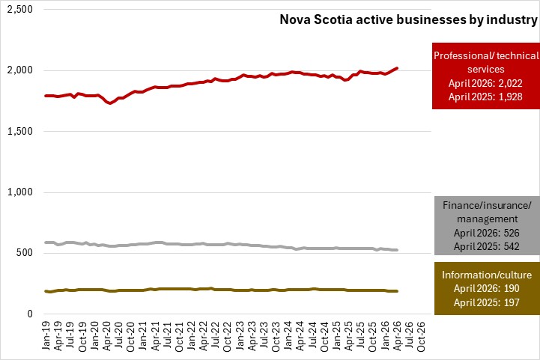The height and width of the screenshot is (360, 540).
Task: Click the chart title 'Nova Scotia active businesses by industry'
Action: click(x=408, y=19)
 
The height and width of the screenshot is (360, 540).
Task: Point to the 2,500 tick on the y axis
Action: click(x=20, y=9)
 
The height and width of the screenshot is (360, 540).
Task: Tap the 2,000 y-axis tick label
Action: click(x=20, y=70)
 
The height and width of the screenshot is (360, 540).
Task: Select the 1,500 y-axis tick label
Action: click(x=20, y=131)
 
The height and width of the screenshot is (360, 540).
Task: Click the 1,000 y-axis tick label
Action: click(x=20, y=192)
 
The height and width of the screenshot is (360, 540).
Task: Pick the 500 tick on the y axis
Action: click(x=24, y=253)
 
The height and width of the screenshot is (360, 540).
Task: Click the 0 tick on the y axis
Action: click(x=30, y=314)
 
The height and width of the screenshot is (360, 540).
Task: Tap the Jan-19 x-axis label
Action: click(x=46, y=335)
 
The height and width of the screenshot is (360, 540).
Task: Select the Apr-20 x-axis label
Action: click(x=106, y=336)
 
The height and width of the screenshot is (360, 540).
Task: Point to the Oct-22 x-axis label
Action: click(x=227, y=336)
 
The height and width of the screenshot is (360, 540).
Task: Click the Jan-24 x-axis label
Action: click(x=288, y=335)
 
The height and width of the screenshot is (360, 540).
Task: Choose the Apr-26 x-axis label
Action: click(x=397, y=336)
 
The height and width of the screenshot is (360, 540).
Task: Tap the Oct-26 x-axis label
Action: click(x=421, y=336)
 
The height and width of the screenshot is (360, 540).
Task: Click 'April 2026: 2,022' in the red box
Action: click(x=485, y=83)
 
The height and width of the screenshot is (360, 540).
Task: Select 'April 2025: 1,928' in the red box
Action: click(x=485, y=97)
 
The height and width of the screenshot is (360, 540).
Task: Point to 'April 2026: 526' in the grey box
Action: click(x=486, y=233)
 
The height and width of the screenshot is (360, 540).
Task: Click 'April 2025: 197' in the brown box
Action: click(x=486, y=302)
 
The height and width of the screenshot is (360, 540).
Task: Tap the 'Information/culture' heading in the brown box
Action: click(x=487, y=275)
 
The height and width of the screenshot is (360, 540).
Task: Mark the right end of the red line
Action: click(x=397, y=68)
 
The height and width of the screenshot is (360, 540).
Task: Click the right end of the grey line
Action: click(x=397, y=250)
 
